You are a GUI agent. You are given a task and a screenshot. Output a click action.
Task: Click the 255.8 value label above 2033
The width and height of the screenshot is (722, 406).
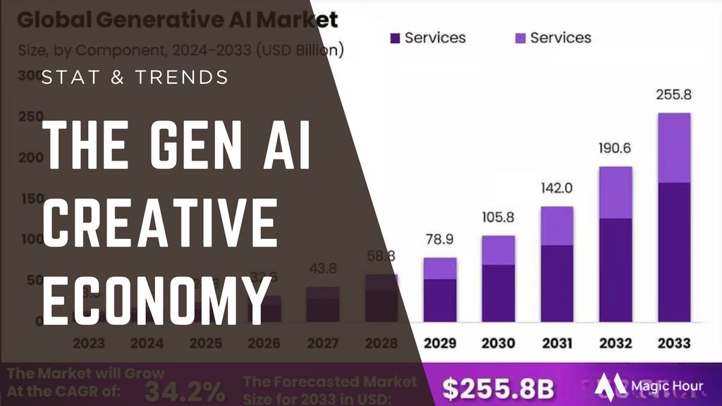pyautogui.click(x=673, y=94)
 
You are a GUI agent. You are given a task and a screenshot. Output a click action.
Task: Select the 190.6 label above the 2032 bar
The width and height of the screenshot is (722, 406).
pyautogui.click(x=616, y=150)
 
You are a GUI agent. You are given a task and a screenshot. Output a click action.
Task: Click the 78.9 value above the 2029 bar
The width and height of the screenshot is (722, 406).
pyautogui.click(x=440, y=242)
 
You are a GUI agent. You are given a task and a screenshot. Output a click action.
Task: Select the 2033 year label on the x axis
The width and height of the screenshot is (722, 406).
pyautogui.click(x=673, y=343)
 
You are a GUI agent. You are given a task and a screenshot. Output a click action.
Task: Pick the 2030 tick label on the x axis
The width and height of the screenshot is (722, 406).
pyautogui.click(x=498, y=343)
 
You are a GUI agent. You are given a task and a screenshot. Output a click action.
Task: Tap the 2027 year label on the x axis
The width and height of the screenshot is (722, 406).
pyautogui.click(x=323, y=343)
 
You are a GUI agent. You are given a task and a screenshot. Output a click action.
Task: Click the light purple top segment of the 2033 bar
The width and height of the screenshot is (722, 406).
pyautogui.click(x=673, y=147)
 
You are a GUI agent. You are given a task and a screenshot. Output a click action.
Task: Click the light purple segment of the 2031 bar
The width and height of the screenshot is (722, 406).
pyautogui.click(x=557, y=226)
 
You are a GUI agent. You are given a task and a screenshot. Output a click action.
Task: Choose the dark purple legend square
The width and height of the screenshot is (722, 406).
pyautogui.click(x=395, y=37)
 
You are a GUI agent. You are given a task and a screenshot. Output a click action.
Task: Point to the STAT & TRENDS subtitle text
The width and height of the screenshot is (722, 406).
pyautogui.click(x=135, y=77)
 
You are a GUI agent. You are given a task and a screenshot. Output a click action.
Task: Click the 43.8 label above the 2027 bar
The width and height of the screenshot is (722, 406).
pyautogui.click(x=323, y=269)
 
